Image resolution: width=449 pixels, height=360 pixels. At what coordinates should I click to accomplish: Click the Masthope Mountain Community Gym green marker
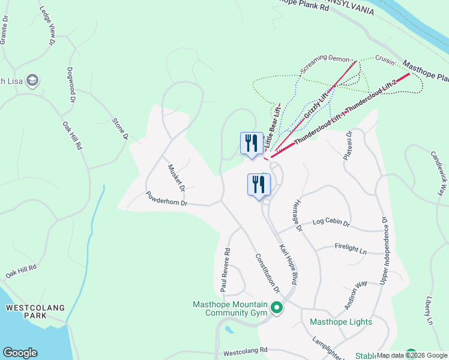coord(277,309)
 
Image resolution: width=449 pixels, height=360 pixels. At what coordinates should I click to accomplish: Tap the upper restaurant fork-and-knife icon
coord(252,143)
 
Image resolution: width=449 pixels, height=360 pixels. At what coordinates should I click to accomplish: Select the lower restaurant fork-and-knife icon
coord(259,184)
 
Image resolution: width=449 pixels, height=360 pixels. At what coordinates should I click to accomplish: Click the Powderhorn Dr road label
coord(167,199)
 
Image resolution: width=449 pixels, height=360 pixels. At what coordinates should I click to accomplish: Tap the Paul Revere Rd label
coord(225,270)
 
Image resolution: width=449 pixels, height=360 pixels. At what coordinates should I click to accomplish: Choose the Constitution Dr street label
coord(268,273)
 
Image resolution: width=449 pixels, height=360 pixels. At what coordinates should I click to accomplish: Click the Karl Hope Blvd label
coord(289,264)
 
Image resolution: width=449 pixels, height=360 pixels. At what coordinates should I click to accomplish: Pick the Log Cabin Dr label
coord(331,223)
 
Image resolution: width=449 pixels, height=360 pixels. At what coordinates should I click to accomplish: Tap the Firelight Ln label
coord(351,247)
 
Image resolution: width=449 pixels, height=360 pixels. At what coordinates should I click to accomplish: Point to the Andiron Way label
coord(355,295)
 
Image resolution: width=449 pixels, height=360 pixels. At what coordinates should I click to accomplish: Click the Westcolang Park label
coord(35,311)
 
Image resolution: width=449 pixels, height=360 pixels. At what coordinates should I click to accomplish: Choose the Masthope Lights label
coord(341,322)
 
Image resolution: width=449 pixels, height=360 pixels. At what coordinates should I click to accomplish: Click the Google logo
coord(20,353)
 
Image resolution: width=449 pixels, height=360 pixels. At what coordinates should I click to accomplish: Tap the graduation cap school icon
coord(32,80)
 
